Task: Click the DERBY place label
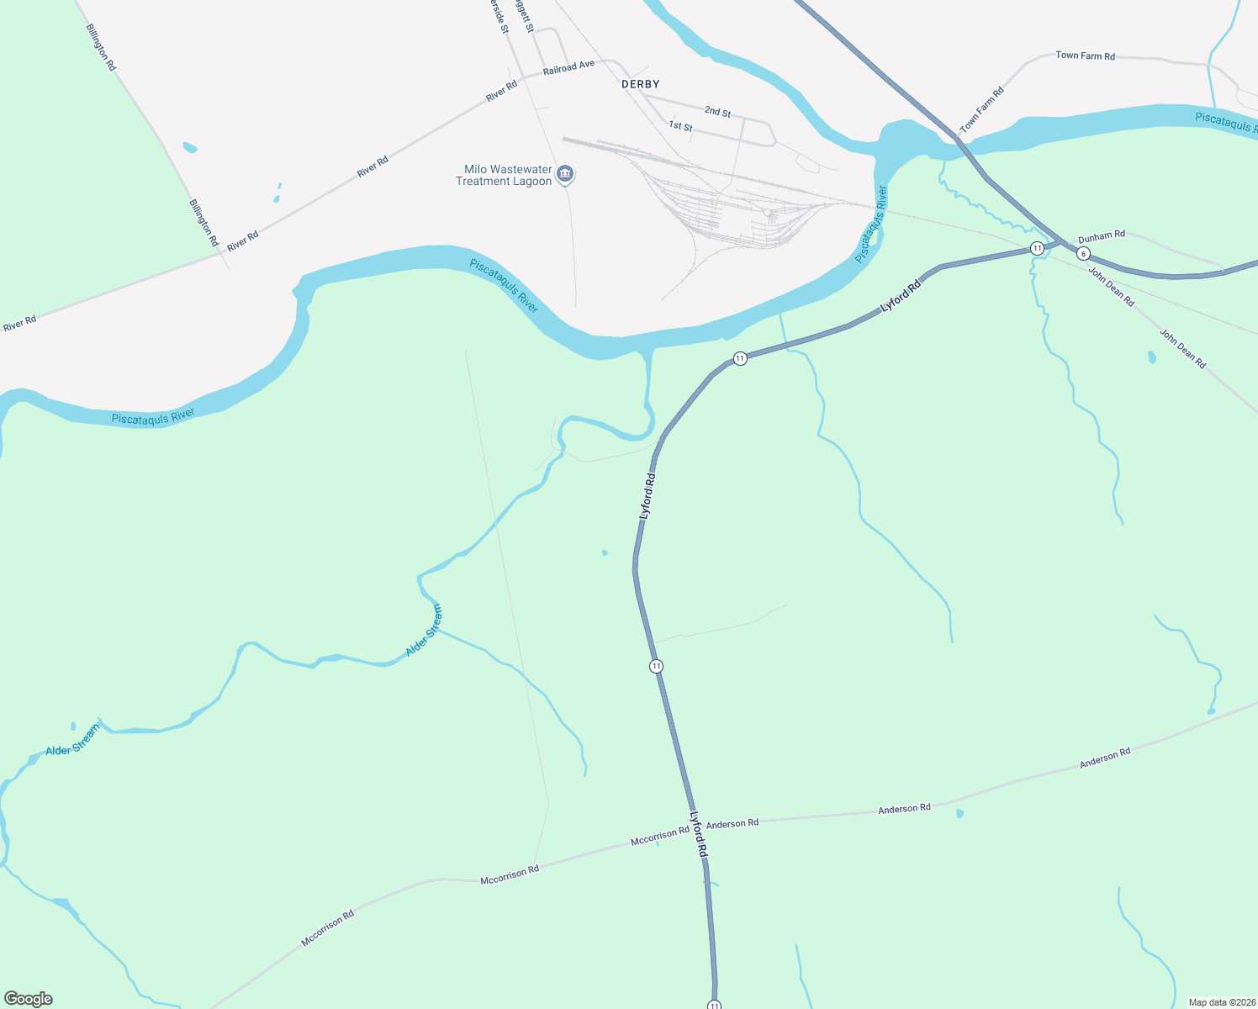[x=640, y=84]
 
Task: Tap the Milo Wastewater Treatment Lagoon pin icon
[x=565, y=174]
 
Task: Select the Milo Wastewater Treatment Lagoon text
[x=504, y=176]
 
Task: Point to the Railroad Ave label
[x=568, y=67]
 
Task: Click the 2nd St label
[x=717, y=112]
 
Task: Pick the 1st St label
[x=680, y=126]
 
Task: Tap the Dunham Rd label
[x=1101, y=235]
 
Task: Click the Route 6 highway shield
[x=1083, y=253]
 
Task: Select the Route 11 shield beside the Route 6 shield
[x=1038, y=248]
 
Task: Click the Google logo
[x=28, y=999]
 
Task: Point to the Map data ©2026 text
[x=1221, y=1002]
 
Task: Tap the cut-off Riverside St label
[x=499, y=16]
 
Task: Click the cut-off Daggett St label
[x=525, y=15]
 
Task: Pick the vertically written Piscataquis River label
[x=871, y=225]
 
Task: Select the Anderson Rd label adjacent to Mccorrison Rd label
[x=732, y=824]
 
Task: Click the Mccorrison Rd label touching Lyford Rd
[x=659, y=835]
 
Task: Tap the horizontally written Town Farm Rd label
[x=1085, y=55]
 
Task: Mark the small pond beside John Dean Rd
[x=1151, y=357]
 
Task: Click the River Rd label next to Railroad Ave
[x=501, y=92]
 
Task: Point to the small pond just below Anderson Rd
[x=959, y=813]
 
